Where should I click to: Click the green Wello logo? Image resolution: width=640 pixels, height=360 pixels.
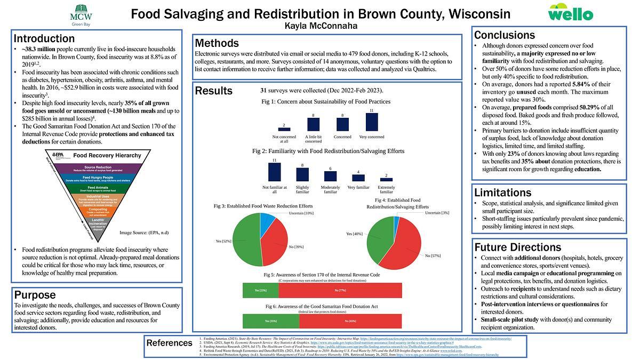[570, 12]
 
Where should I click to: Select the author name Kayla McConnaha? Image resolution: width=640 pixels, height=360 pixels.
[320, 25]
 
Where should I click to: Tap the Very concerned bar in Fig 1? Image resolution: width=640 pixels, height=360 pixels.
[372, 122]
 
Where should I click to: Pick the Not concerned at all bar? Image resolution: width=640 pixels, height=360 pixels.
[284, 129]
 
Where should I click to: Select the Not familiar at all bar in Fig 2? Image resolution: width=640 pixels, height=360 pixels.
[274, 172]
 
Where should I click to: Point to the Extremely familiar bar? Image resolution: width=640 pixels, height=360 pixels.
[386, 179]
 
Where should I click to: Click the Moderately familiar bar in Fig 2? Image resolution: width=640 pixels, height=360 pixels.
[330, 176]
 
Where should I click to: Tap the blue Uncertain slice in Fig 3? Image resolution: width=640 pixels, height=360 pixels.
[267, 219]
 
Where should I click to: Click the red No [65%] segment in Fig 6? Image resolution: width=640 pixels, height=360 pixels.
[350, 321]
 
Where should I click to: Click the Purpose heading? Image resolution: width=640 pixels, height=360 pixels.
[35, 295]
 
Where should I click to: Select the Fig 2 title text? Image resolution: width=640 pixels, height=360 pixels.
[328, 151]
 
